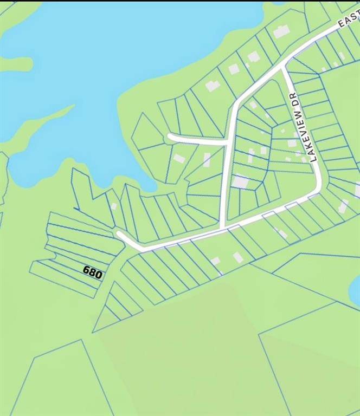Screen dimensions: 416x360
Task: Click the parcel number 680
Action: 93,272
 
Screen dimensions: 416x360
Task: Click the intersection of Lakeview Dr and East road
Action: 284,68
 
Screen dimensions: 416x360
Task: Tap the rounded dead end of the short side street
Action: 171,137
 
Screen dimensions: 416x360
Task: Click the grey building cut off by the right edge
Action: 357,190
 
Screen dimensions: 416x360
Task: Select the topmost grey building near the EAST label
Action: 281,31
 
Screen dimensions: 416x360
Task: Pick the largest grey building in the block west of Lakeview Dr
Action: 240,181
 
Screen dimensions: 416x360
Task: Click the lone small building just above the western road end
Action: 114,206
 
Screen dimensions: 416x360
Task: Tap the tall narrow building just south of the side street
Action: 207,159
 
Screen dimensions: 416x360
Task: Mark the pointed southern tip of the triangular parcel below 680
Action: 94,331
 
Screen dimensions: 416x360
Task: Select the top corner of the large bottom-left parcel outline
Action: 81,340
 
